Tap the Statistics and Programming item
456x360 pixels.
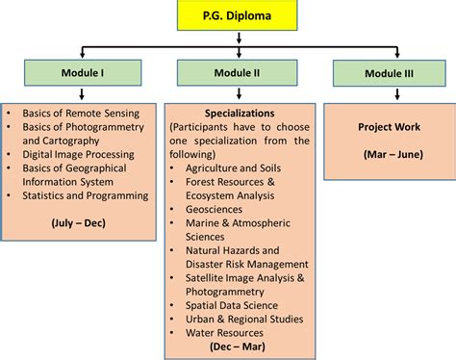pyautogui.click(x=85, y=195)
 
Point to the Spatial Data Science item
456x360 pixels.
pyautogui.click(x=232, y=305)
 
